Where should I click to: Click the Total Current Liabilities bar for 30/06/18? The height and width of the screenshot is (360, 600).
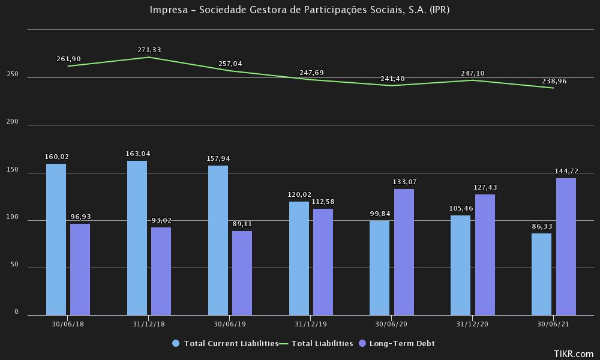tap(56, 239)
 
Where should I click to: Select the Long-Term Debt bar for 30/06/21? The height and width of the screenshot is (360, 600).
tap(566, 247)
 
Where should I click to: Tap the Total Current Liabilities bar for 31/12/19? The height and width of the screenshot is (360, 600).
tap(299, 258)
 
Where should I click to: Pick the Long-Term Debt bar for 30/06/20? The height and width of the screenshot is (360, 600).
tap(404, 252)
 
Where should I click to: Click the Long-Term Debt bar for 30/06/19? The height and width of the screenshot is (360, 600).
tap(242, 273)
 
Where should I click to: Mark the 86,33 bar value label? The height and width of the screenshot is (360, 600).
tap(541, 226)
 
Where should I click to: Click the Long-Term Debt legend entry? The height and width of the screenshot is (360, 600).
tap(401, 344)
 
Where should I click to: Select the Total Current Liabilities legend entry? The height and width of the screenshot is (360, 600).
tap(230, 344)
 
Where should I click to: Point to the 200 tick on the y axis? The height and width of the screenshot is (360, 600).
tap(13, 122)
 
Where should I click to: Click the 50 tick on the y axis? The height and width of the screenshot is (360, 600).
tap(15, 266)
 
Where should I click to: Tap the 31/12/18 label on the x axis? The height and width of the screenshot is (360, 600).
tap(149, 323)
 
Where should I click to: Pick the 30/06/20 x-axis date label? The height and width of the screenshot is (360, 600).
tap(391, 323)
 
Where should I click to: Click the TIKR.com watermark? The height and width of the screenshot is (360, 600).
tap(574, 354)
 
